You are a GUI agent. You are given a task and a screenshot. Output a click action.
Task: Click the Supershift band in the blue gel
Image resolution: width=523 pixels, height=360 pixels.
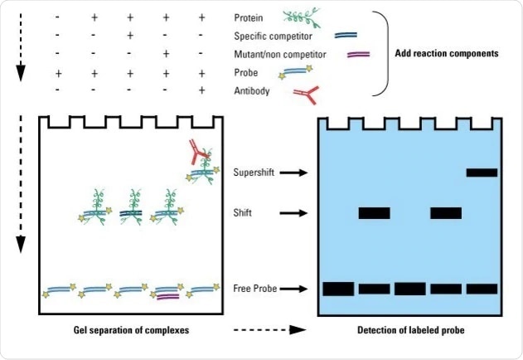[482, 173]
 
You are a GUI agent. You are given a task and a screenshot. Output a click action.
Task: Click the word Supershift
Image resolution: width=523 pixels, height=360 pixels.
[258, 173]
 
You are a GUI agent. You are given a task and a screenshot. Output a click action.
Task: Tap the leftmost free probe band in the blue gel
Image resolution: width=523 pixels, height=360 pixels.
[338, 289]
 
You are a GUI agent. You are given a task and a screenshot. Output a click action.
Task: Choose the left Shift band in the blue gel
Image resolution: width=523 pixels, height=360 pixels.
[374, 213]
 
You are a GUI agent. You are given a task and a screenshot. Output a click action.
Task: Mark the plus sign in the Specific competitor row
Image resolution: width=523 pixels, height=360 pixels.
[130, 36]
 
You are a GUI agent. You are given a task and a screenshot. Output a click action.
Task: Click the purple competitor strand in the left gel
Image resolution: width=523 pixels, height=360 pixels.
[167, 296]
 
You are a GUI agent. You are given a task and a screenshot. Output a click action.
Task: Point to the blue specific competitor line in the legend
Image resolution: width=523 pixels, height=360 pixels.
[346, 36]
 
